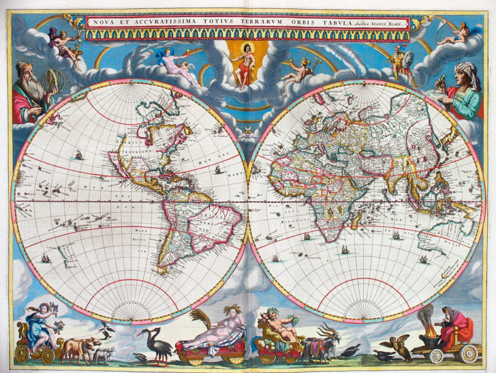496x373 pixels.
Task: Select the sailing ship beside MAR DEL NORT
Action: pyautogui.click(x=218, y=171)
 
